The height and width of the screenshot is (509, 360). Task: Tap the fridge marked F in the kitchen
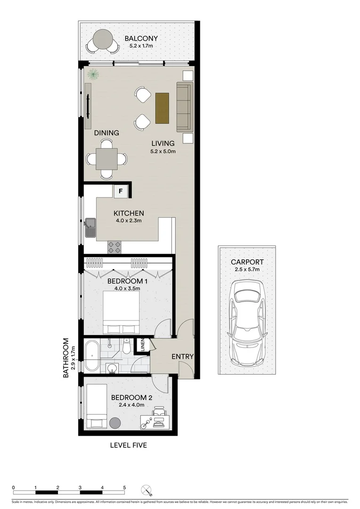121,191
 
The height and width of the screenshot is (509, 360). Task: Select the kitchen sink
90,228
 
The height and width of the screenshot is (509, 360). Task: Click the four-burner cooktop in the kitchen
114,245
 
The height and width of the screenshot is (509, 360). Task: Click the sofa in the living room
185,107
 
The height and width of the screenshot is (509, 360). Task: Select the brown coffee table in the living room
162,108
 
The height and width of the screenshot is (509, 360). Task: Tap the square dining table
106,159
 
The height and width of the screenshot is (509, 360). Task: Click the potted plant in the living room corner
93,74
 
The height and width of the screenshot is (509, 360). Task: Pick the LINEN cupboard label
141,346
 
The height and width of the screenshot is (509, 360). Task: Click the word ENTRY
182,357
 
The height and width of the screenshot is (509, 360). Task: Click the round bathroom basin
112,368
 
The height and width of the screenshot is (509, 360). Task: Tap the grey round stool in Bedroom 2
115,423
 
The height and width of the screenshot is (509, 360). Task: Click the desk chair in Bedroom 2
159,413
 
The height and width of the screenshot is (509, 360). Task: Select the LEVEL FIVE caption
128,445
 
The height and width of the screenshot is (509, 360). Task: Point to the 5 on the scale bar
124,488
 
